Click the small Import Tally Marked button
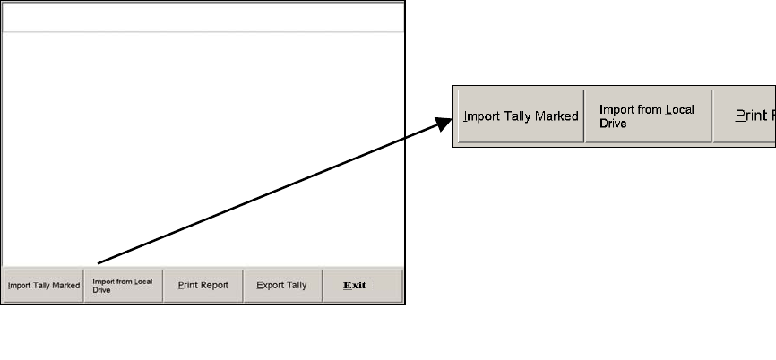point(43,286)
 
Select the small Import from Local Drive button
point(123,286)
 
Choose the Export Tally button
point(282,286)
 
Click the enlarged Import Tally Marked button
point(521,116)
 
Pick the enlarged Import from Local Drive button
point(648,116)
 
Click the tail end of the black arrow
point(98,263)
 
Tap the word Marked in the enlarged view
point(556,116)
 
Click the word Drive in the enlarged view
point(613,124)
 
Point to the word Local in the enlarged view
point(679,109)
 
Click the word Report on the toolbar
point(214,286)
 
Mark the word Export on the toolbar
point(270,286)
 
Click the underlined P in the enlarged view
point(740,116)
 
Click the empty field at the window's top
point(203,17)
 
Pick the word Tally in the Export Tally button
point(297,286)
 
